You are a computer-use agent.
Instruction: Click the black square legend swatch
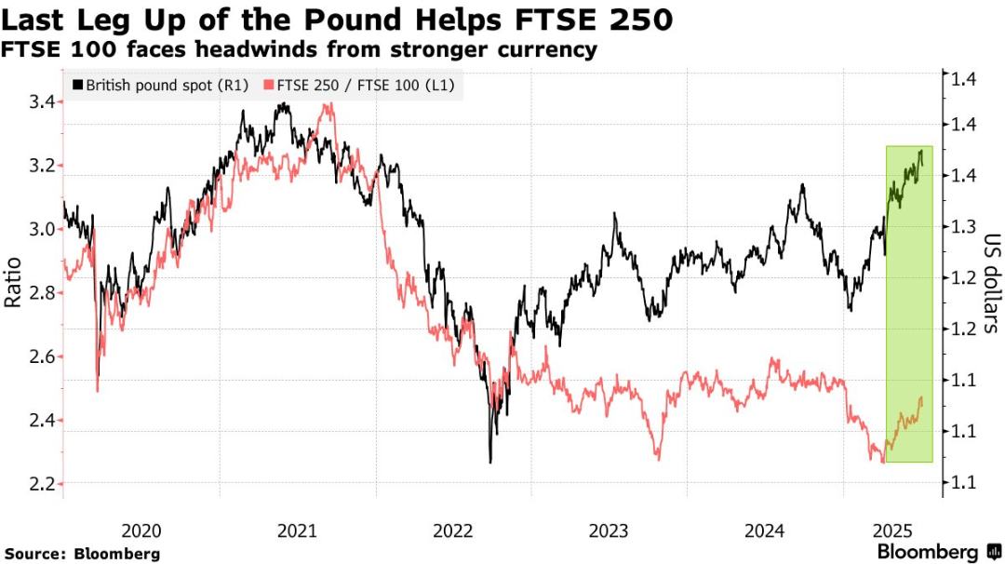pyautogui.click(x=77, y=85)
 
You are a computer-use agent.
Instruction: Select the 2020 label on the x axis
pyautogui.click(x=141, y=530)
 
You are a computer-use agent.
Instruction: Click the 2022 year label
pyautogui.click(x=454, y=530)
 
